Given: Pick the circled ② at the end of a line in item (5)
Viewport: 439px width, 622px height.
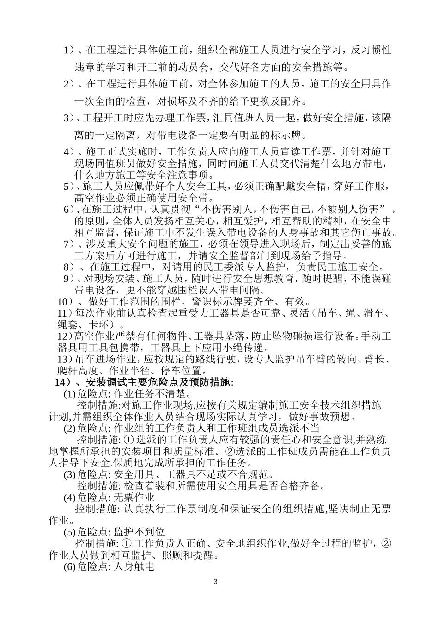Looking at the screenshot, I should point(387,543).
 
